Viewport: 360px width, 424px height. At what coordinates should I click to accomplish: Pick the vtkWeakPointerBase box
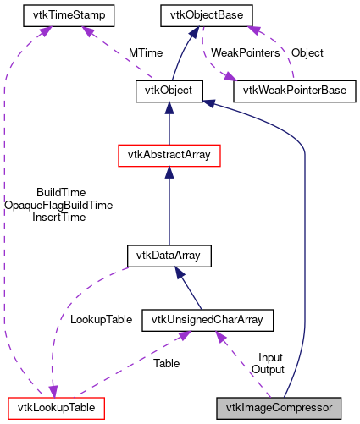293,91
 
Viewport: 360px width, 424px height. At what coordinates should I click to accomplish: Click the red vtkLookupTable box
55,408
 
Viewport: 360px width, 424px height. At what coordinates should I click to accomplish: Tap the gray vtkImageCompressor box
279,408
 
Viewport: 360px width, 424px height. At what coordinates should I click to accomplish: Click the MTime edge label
147,52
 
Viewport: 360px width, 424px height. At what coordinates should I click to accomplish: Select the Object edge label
307,52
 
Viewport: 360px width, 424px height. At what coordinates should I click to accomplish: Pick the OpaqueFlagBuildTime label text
58,205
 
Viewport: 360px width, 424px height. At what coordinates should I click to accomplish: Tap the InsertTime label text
58,218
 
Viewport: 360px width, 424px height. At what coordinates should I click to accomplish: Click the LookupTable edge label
101,320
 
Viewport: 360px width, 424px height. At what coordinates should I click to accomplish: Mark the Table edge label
166,364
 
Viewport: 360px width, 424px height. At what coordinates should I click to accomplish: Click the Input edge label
271,358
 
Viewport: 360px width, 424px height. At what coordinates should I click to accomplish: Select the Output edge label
268,370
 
